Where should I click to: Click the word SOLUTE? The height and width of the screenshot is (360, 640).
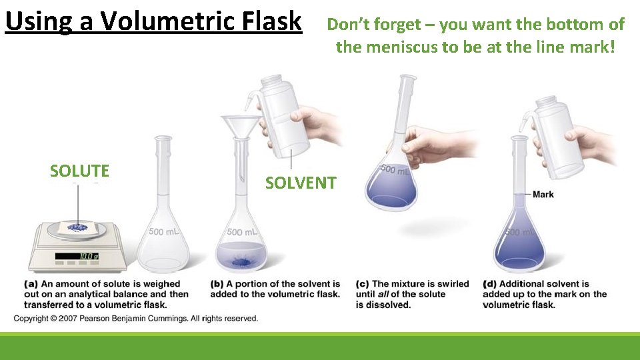(x=79, y=171)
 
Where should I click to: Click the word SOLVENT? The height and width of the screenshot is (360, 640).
(x=301, y=183)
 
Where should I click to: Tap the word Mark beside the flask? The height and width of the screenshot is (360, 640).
(x=543, y=195)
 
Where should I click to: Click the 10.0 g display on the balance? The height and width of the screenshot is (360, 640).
(x=86, y=256)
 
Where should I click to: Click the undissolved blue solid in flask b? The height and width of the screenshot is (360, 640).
(x=237, y=263)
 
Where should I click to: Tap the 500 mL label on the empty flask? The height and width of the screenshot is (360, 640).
(x=164, y=232)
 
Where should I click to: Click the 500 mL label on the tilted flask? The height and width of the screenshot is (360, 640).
(x=395, y=171)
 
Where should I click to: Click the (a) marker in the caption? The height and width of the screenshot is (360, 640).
(x=31, y=284)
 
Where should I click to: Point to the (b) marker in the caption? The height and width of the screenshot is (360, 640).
(x=217, y=284)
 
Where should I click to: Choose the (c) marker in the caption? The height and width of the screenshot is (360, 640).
(x=363, y=284)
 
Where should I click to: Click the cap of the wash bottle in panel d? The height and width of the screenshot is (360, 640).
(x=545, y=102)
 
